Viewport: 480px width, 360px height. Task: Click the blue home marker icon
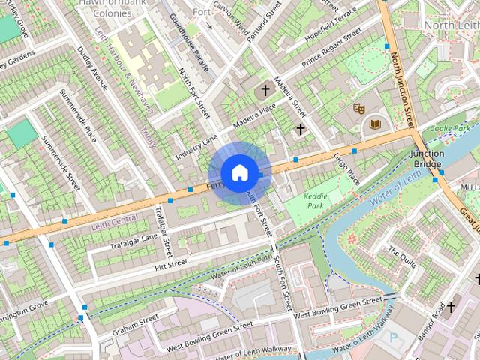point(239,173)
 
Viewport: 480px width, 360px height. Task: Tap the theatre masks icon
point(358,109)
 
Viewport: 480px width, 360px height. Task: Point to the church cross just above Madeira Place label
point(264,91)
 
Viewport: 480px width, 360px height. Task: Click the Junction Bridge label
point(427,159)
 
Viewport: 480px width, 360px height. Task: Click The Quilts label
point(402,256)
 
